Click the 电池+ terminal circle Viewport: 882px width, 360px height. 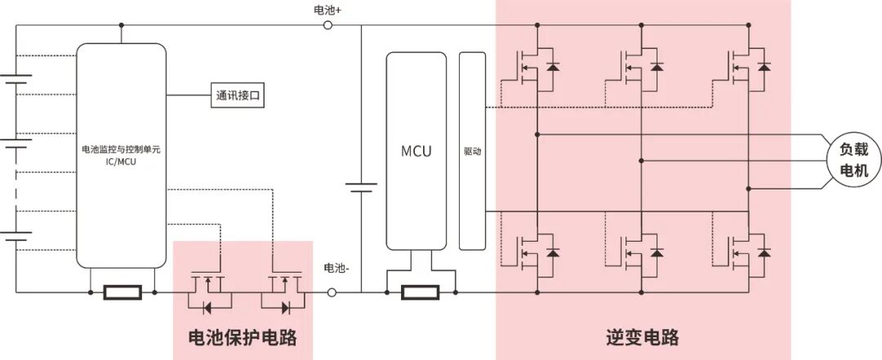[x=328, y=25]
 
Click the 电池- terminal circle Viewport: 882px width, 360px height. [x=332, y=292]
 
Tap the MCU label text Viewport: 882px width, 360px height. [x=416, y=151]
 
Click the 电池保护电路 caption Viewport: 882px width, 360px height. [x=243, y=336]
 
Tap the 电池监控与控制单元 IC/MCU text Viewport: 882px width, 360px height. [x=120, y=155]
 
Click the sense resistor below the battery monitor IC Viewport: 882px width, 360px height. [x=122, y=292]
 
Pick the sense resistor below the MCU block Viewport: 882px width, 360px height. [x=420, y=292]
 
